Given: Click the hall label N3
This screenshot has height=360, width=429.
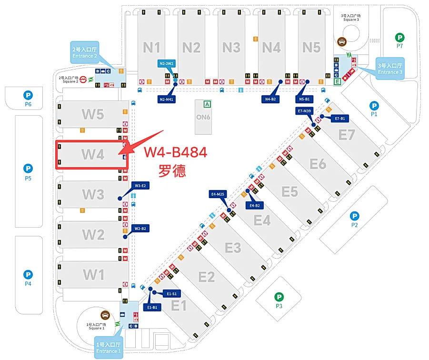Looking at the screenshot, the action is click(x=231, y=47).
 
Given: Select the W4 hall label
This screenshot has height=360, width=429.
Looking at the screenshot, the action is click(x=92, y=154).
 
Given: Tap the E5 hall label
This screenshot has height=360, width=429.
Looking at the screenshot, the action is click(x=289, y=191).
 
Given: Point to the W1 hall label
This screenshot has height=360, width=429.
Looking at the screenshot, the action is click(x=93, y=275).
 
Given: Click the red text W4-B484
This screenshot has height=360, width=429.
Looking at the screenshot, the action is click(x=176, y=153).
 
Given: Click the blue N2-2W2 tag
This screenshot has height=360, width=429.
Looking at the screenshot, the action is click(x=167, y=63).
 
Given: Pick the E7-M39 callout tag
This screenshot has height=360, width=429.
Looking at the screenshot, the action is click(x=303, y=111).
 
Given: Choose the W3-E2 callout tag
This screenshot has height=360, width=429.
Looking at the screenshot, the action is click(x=140, y=186).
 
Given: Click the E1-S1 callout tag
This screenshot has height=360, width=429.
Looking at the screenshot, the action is click(x=171, y=294).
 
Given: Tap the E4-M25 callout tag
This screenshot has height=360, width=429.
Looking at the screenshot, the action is click(x=217, y=194).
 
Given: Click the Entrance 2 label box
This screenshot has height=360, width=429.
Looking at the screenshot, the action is click(x=85, y=53).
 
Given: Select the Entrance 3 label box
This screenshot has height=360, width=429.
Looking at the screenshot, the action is click(x=390, y=69).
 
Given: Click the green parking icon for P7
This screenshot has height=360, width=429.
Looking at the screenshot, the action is click(x=399, y=37).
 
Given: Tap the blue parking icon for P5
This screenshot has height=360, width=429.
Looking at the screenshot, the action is click(x=28, y=168).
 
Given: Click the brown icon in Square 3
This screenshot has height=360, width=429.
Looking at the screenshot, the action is click(x=342, y=41).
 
